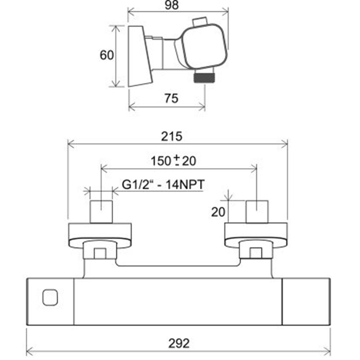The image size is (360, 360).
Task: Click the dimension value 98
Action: [x=171, y=5]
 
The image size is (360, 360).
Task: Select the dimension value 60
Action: [x=107, y=55]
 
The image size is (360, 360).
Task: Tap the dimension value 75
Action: [x=171, y=99]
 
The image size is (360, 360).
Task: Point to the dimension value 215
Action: [x=171, y=137]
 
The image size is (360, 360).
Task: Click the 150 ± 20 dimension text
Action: [x=173, y=160]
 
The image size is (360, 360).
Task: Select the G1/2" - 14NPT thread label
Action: [x=163, y=184]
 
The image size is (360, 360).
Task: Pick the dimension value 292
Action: [x=179, y=344]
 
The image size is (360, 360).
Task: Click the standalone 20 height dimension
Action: [x=218, y=212]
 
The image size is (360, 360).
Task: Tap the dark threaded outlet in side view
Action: [x=204, y=77]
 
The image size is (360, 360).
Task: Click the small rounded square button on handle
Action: [x=50, y=298]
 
